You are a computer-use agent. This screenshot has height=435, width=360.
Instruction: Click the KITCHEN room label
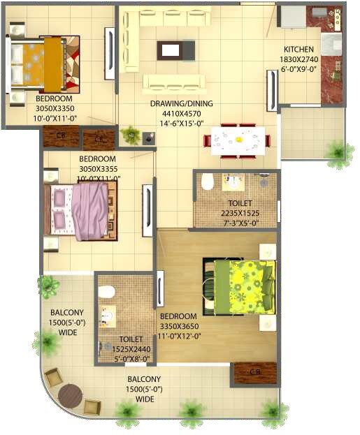point(299,50)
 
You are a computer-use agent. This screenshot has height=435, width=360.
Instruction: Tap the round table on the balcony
point(70,396)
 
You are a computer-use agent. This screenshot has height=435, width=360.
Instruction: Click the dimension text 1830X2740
point(299,59)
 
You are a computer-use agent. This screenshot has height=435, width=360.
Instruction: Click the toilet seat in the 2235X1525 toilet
point(207,183)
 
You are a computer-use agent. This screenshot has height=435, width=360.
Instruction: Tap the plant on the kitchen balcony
point(338,152)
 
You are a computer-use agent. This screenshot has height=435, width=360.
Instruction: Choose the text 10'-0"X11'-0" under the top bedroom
point(59,118)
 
